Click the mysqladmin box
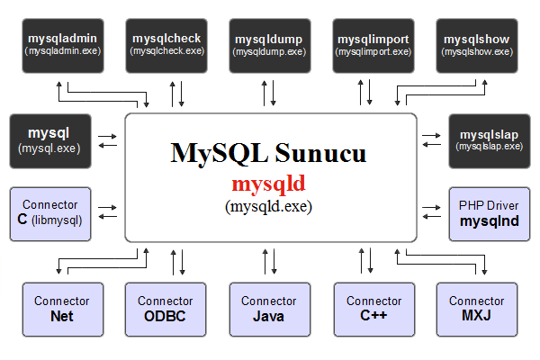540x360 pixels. (x=63, y=46)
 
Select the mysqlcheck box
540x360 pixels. (x=166, y=46)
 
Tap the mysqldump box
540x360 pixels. (x=270, y=46)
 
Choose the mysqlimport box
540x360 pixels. (x=373, y=46)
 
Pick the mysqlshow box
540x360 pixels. (x=477, y=46)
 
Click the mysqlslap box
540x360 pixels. (x=490, y=141)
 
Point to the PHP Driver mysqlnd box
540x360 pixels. (x=490, y=214)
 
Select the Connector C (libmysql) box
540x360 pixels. (x=50, y=214)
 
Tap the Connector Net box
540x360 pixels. (x=63, y=310)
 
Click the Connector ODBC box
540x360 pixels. (x=166, y=310)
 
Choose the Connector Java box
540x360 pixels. (x=270, y=310)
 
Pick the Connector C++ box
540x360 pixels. (x=374, y=310)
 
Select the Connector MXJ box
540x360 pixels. (x=477, y=310)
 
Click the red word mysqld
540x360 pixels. (x=268, y=184)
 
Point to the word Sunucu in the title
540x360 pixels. (x=320, y=153)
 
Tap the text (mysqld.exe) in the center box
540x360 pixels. (x=268, y=206)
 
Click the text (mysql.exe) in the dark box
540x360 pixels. (x=49, y=148)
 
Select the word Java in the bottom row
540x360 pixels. (x=268, y=316)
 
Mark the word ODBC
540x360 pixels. (x=165, y=316)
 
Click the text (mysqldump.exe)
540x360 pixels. (x=269, y=52)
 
